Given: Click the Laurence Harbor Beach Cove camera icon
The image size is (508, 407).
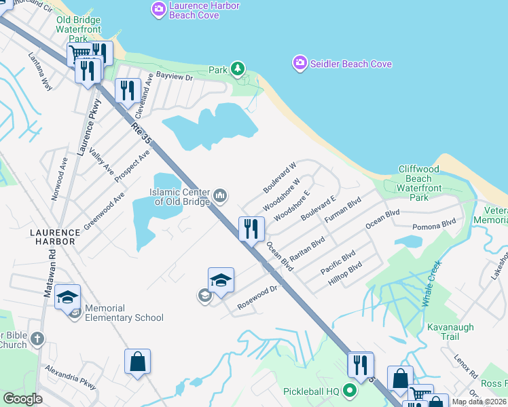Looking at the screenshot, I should (x=159, y=9).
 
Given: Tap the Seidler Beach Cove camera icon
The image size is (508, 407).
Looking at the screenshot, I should (x=300, y=64).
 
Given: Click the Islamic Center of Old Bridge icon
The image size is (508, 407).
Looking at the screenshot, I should (x=220, y=196).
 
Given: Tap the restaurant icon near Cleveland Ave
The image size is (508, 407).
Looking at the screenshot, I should (x=128, y=91).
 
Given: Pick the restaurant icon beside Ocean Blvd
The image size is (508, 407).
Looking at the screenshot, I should (x=251, y=229).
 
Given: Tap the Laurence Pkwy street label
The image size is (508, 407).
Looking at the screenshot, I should (x=90, y=128).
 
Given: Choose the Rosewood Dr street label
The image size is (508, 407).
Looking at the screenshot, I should (x=258, y=299).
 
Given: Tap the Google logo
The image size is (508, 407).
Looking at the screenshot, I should (x=22, y=399).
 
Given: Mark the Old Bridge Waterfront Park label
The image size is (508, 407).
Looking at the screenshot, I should (x=78, y=30).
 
